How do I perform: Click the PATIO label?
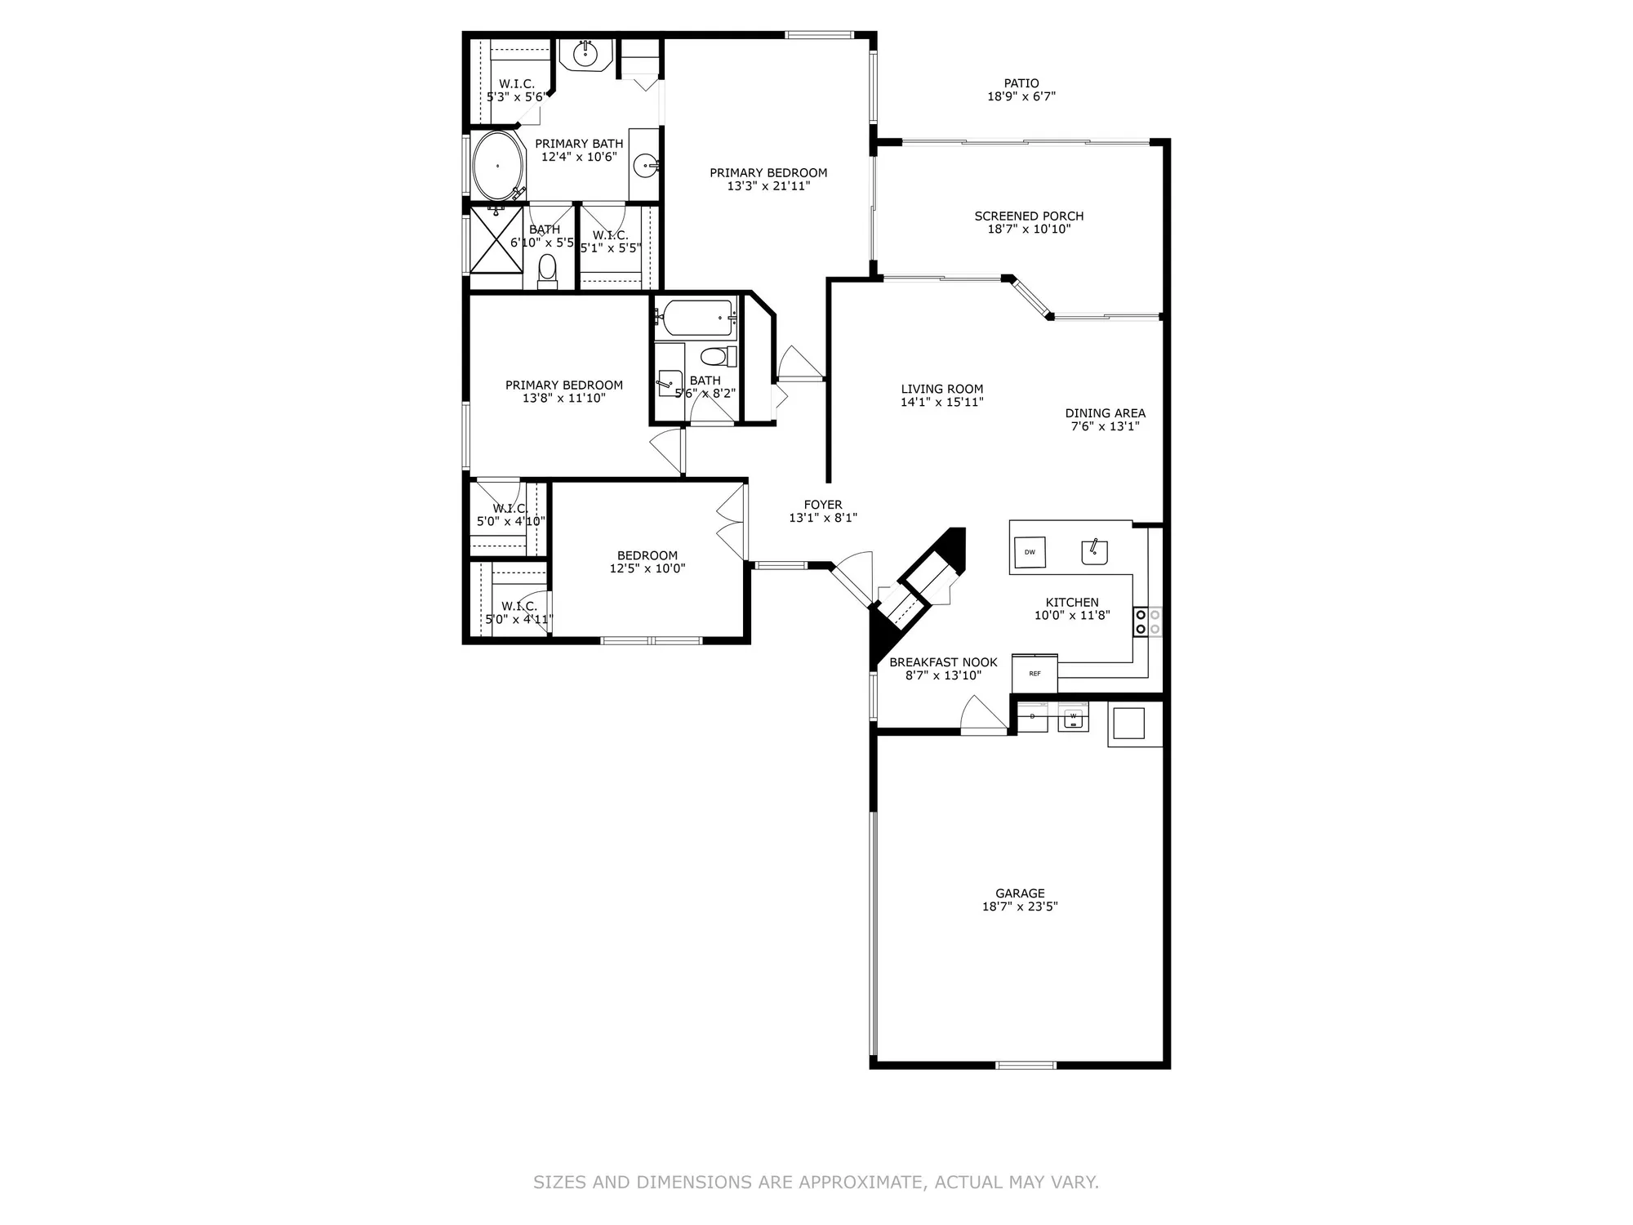(1021, 83)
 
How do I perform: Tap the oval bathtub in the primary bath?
(498, 167)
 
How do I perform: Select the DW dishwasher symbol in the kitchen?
(1030, 552)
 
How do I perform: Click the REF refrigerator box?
(1035, 674)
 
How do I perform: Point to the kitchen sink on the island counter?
(1094, 552)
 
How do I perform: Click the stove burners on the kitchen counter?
(1147, 621)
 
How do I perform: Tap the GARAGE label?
(1020, 893)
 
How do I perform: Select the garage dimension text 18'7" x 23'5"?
(1020, 906)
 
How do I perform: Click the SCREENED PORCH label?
(1029, 216)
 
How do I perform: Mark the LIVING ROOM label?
(942, 390)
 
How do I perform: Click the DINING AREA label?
(1105, 413)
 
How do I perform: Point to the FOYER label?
(822, 505)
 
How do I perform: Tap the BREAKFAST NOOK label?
(943, 662)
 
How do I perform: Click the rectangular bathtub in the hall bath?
(698, 318)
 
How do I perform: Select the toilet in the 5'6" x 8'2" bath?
(715, 358)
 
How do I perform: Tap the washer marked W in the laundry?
(1073, 717)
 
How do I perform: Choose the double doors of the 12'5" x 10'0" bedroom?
(732, 522)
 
